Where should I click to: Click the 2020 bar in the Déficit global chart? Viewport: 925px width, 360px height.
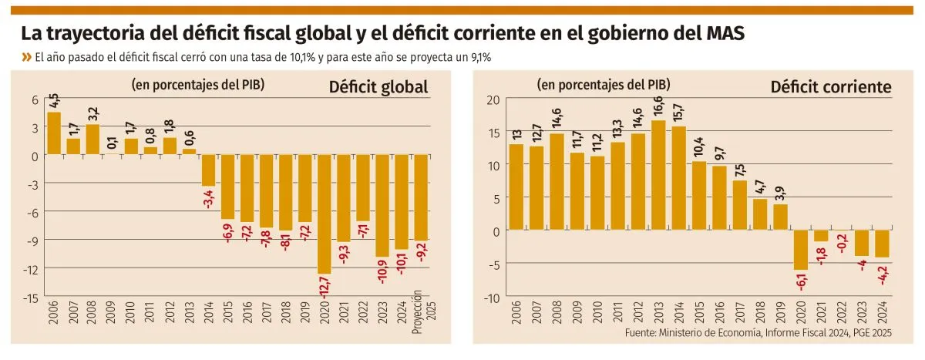tap(324, 214)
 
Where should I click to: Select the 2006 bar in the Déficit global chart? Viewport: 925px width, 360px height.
tap(54, 133)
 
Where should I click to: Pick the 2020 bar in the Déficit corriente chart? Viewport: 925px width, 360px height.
tap(802, 250)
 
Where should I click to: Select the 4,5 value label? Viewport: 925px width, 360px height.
tap(54, 100)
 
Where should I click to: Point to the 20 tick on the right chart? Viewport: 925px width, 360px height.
tap(493, 99)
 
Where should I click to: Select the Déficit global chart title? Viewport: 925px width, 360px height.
tap(378, 86)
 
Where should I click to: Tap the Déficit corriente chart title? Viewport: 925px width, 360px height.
tap(831, 87)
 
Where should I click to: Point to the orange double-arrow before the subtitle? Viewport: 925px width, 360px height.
tap(27, 57)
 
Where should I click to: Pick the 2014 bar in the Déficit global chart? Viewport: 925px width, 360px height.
tap(208, 170)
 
